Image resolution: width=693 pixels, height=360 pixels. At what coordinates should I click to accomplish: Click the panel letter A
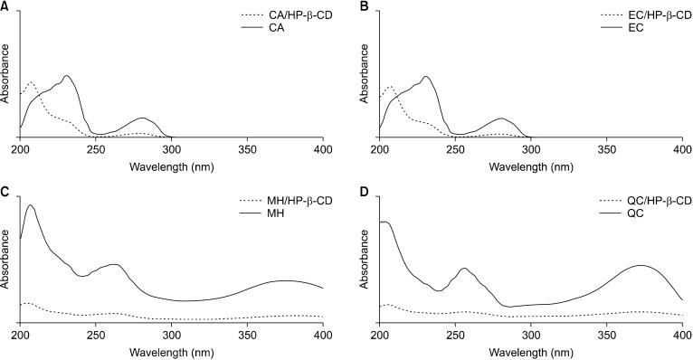tap(5, 6)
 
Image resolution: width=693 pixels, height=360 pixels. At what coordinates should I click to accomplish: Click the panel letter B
tap(365, 6)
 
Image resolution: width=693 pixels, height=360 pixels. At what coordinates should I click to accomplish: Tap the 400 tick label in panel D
tap(680, 334)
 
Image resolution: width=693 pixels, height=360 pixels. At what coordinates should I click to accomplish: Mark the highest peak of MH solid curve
tap(30, 205)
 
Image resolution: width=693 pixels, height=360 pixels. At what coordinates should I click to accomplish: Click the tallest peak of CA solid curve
tap(66, 76)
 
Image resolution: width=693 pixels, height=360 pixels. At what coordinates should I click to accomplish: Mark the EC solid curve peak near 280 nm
tap(502, 118)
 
